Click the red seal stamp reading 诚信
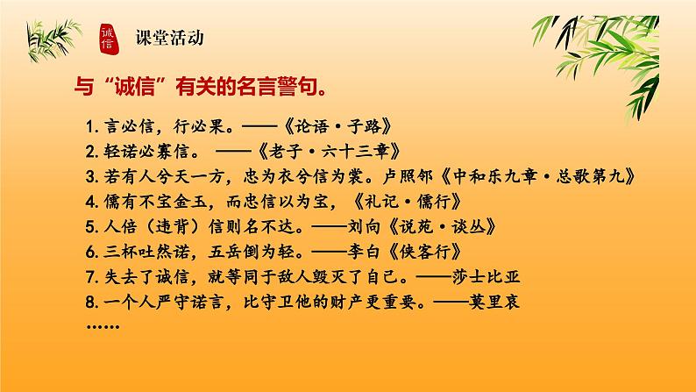tap(108, 38)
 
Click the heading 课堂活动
tap(171, 38)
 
